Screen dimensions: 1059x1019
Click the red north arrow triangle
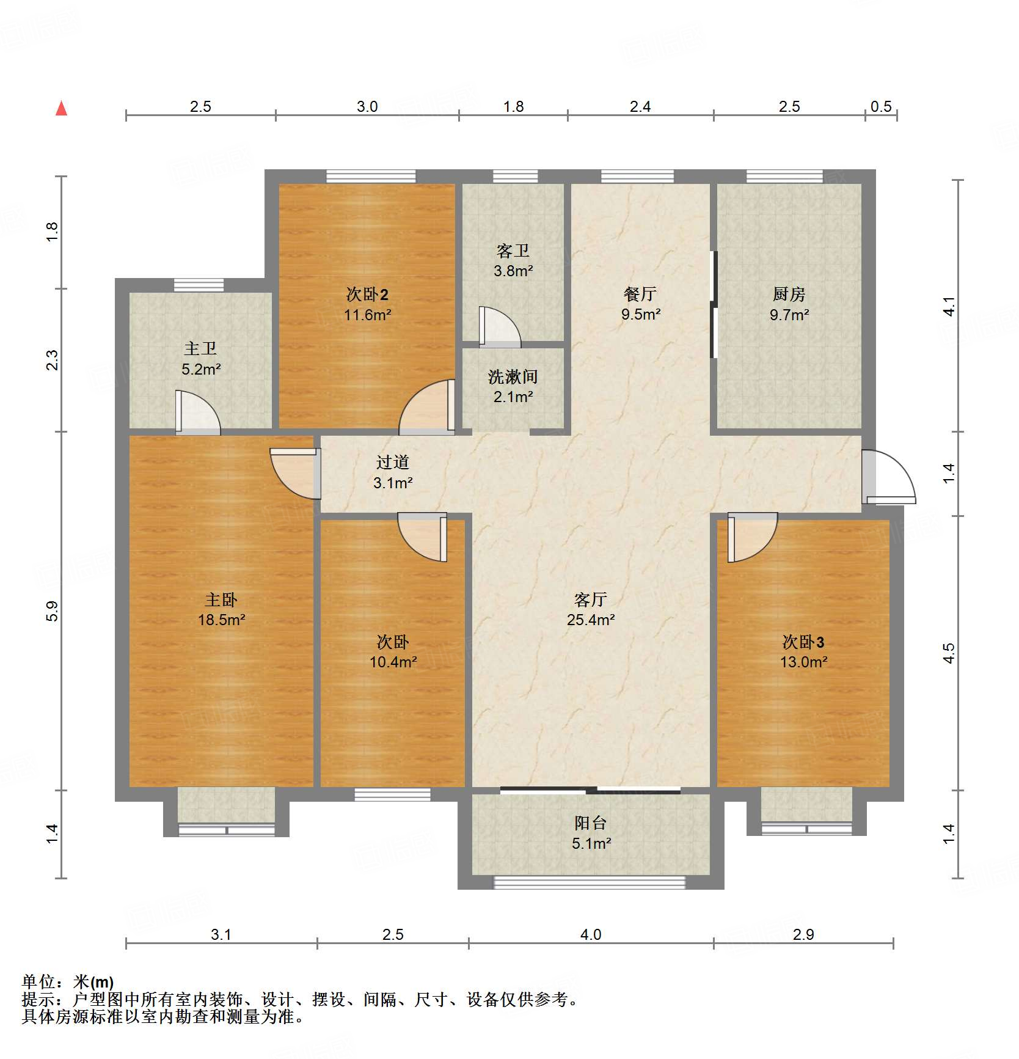[61, 109]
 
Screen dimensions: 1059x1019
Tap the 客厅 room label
[590, 599]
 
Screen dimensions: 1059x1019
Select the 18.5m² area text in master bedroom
[221, 620]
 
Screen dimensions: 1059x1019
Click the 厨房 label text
[789, 295]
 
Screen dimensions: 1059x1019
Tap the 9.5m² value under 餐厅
[640, 315]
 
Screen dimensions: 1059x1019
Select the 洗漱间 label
[513, 377]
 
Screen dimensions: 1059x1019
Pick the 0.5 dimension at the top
[881, 107]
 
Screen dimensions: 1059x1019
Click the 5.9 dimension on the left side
[53, 611]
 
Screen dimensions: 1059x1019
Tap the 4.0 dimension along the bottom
[591, 935]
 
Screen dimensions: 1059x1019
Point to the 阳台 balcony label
[590, 823]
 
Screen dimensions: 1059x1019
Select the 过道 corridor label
[392, 463]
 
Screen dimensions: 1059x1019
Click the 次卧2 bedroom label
[367, 295]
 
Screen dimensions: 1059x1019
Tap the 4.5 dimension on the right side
[949, 653]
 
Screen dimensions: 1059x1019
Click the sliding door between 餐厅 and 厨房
[713, 304]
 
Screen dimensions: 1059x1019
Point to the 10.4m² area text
[393, 662]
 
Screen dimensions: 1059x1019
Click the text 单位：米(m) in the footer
[68, 982]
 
